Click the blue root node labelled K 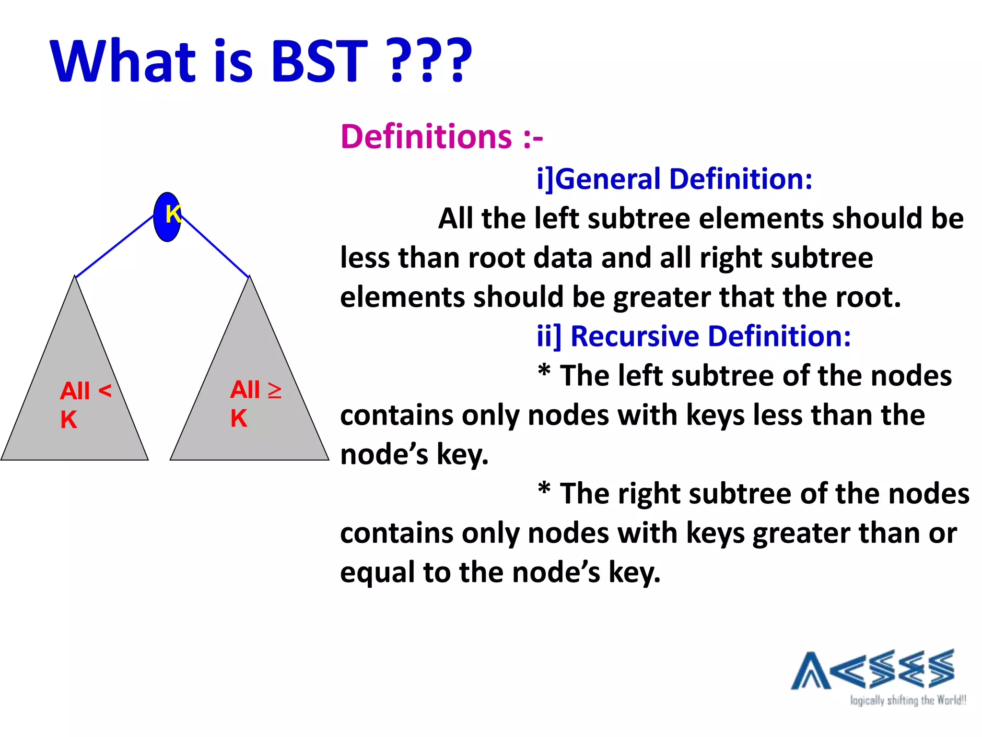coord(167,217)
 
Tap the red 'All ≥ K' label coord(255,403)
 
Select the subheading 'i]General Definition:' coord(674,179)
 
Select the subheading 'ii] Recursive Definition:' coord(693,336)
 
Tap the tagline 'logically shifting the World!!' coord(908,701)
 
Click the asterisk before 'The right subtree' coord(544,489)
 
